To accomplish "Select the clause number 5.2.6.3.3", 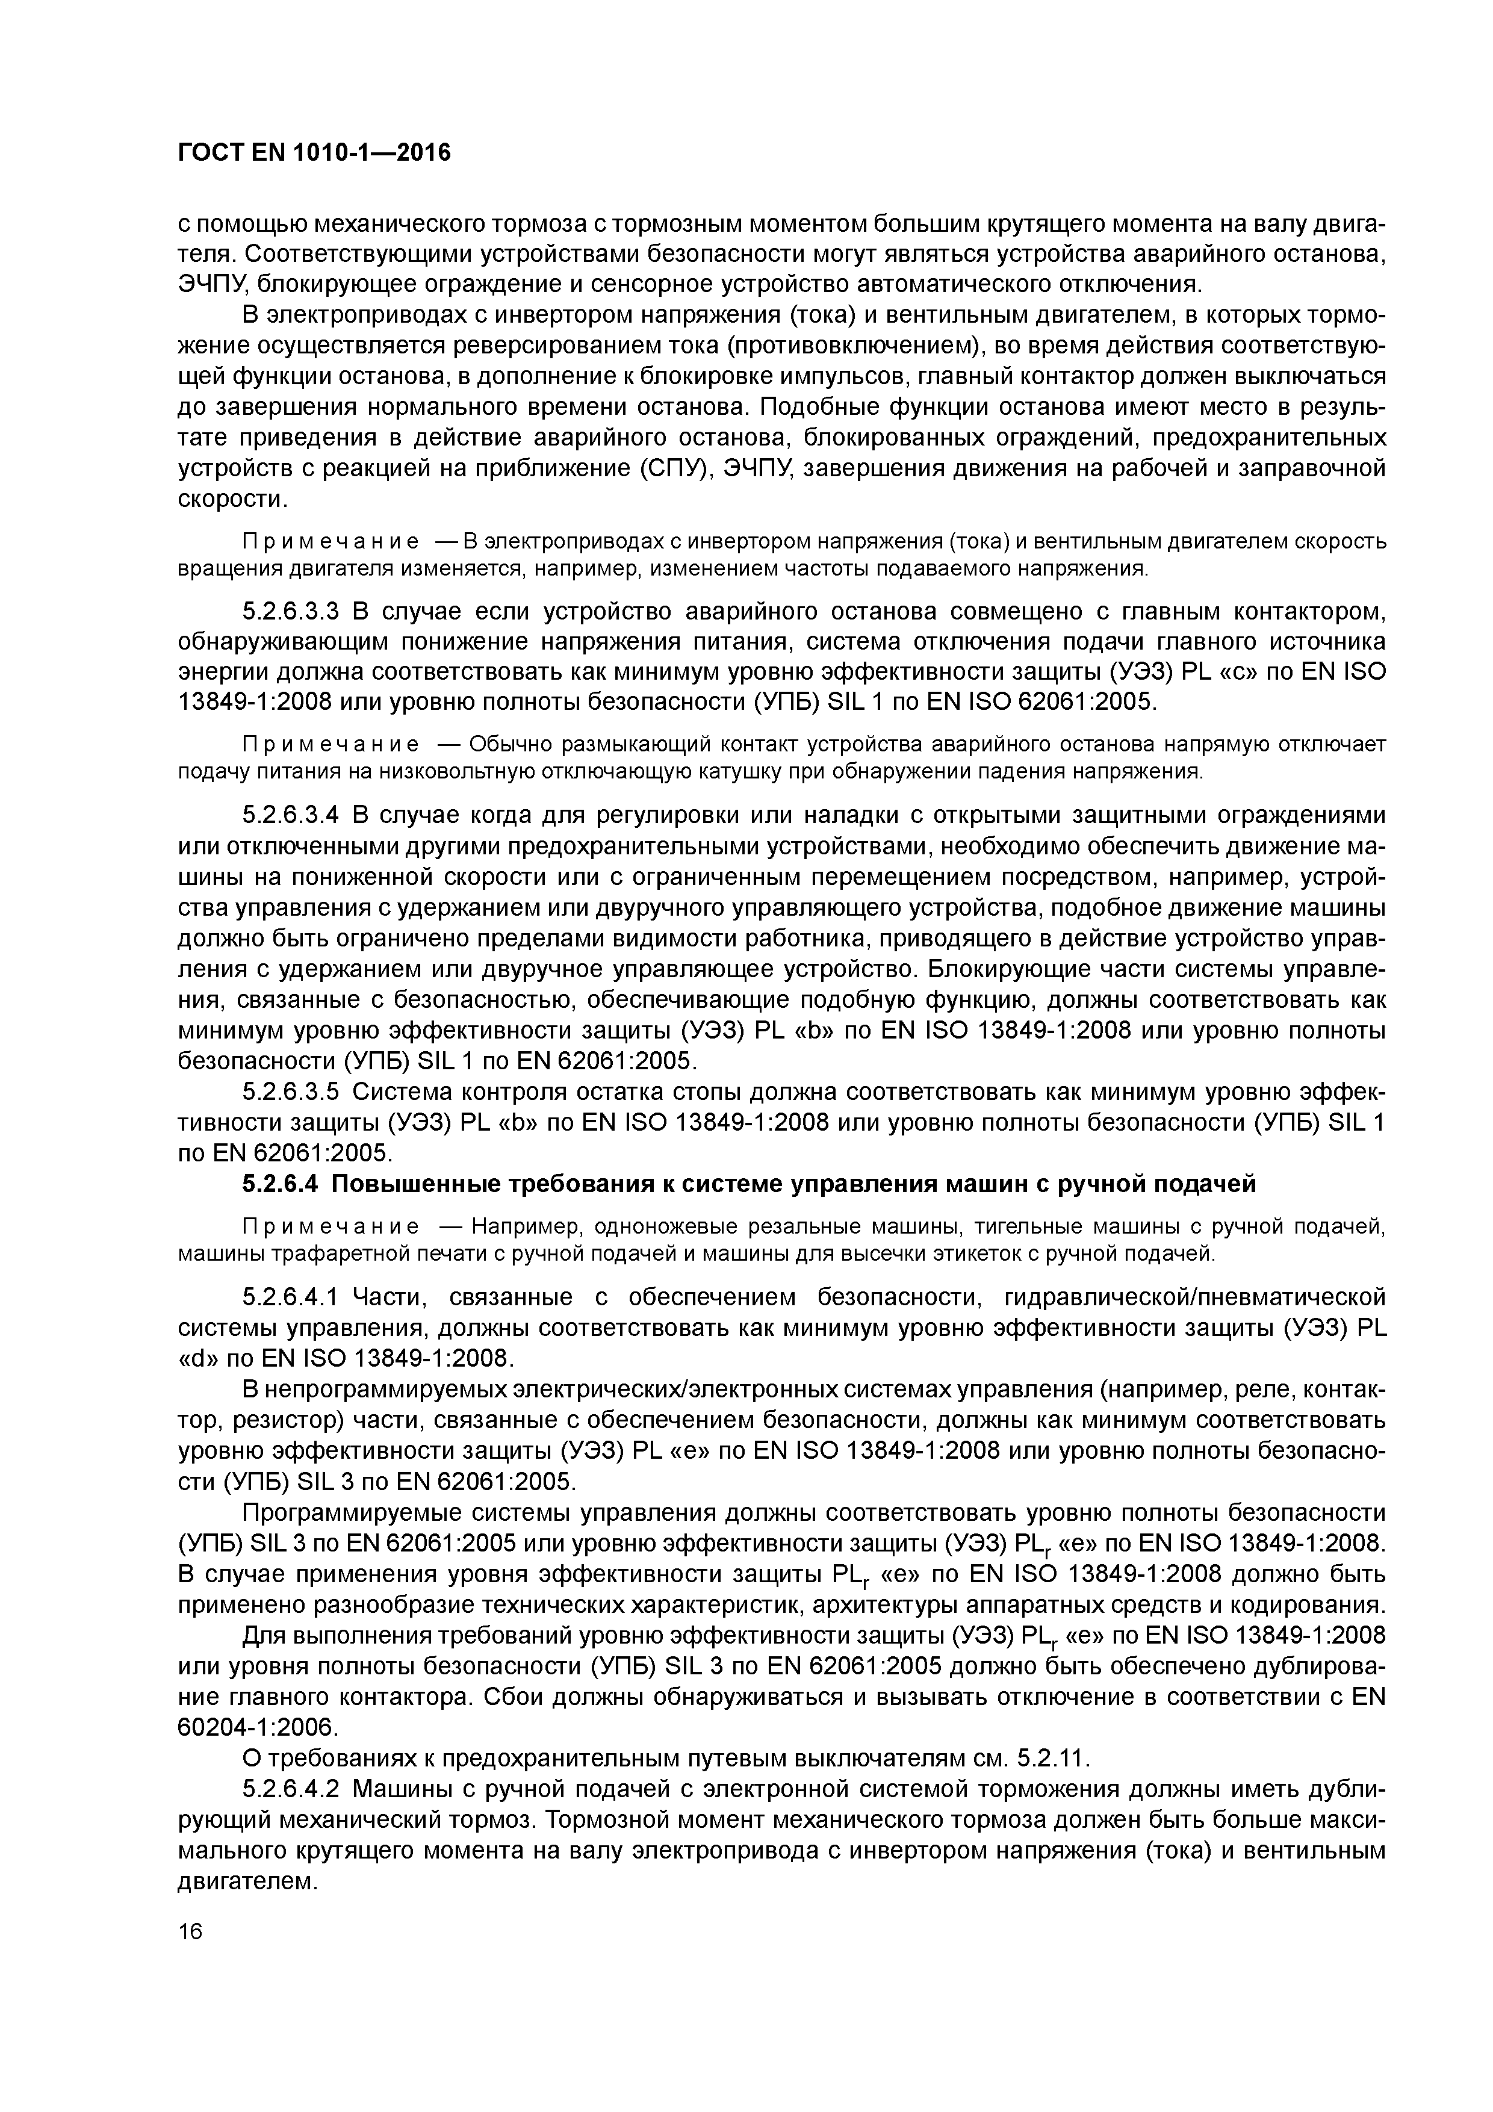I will (x=291, y=612).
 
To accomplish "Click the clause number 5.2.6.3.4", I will (x=291, y=816).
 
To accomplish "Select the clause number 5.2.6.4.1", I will (x=291, y=1297).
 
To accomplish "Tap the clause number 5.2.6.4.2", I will (x=291, y=1789).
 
